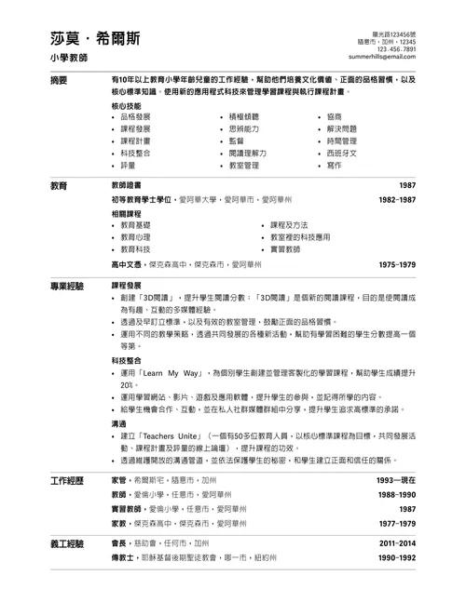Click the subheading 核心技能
(x=127, y=107)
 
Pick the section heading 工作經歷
(x=67, y=480)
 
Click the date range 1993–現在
(x=396, y=480)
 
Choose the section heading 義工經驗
(x=67, y=542)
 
